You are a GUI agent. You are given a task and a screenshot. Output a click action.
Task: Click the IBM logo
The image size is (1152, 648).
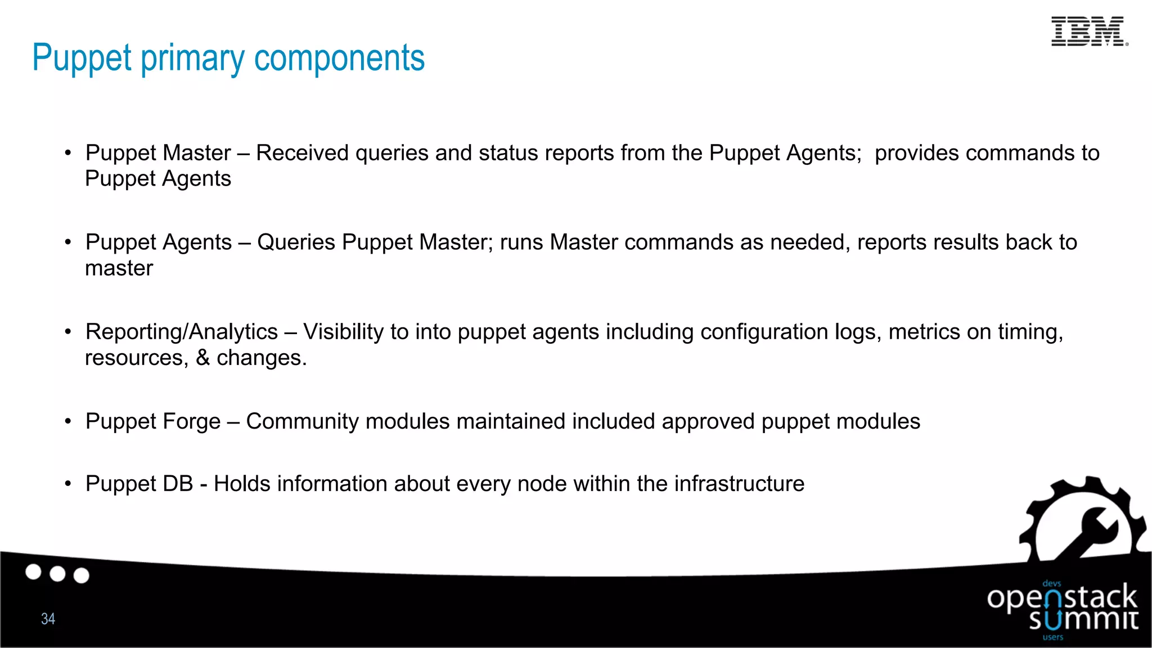1089,31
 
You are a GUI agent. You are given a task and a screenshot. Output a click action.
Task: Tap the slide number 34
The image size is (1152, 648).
48,619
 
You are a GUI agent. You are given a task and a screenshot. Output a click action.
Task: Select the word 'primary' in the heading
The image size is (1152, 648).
192,59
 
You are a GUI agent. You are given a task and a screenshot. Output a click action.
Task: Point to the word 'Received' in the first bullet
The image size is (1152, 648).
302,153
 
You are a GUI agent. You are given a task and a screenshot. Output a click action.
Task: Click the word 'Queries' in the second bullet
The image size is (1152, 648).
296,242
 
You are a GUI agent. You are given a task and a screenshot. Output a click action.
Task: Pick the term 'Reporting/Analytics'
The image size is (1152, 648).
182,332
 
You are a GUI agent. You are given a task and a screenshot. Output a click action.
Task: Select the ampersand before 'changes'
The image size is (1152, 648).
202,358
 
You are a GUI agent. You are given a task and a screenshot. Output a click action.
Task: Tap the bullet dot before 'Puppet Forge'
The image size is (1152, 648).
68,421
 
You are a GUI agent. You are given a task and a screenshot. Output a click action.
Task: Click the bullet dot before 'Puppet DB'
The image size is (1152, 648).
68,483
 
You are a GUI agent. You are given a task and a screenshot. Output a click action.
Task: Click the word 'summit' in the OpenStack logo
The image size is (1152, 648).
1083,619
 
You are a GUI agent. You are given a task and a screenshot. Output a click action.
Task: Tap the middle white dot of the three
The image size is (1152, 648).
57,574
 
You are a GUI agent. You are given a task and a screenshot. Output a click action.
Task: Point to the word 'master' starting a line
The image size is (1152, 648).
119,268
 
